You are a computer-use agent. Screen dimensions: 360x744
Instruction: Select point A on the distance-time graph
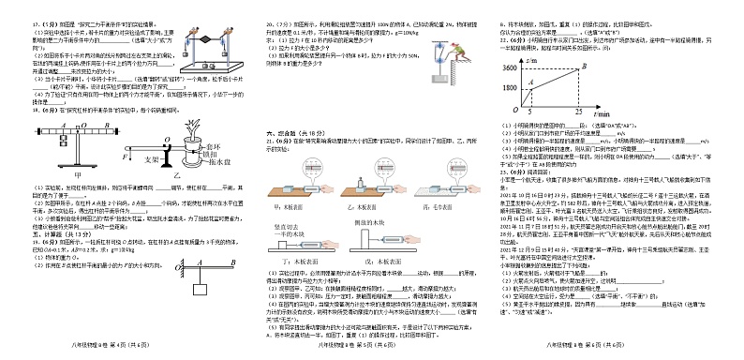[x=543, y=83]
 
